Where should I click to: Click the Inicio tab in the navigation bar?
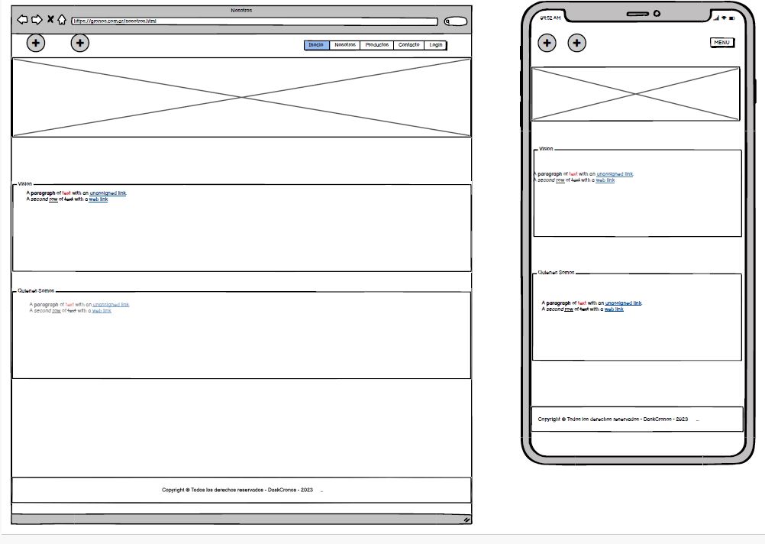click(316, 45)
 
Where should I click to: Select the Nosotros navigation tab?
click(345, 45)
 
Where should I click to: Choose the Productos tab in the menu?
click(377, 45)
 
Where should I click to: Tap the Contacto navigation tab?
click(409, 45)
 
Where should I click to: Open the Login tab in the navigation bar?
click(436, 45)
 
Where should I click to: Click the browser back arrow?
click(22, 20)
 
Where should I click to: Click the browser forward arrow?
click(37, 20)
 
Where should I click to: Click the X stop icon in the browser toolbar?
click(50, 20)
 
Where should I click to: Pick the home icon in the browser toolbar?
click(62, 20)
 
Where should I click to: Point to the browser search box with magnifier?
click(455, 21)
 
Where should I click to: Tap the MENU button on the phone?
click(721, 43)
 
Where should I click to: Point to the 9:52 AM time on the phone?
click(550, 18)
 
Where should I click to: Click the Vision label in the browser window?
click(25, 184)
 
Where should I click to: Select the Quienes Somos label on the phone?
click(557, 273)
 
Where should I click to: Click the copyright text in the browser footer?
click(237, 490)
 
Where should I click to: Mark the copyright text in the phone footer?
click(613, 419)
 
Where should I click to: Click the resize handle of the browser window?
click(466, 520)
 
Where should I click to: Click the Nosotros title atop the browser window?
click(241, 10)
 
